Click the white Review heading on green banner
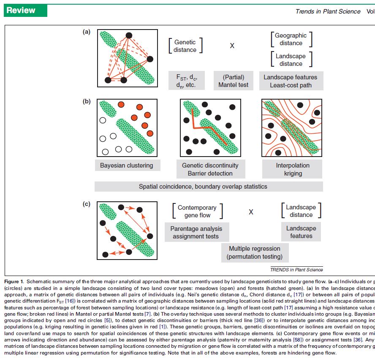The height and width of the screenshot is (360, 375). pyautogui.click(x=21, y=11)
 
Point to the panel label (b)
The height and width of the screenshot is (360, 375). pyautogui.click(x=87, y=102)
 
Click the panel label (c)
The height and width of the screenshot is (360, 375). pyautogui.click(x=87, y=205)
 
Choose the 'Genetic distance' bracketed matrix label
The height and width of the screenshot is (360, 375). pyautogui.click(x=185, y=46)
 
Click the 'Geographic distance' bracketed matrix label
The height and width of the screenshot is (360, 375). pyautogui.click(x=291, y=39)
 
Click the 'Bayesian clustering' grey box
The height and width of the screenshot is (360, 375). pyautogui.click(x=126, y=165)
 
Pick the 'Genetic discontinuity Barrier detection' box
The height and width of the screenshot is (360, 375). pyautogui.click(x=210, y=169)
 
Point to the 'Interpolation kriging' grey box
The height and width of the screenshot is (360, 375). pyautogui.click(x=292, y=169)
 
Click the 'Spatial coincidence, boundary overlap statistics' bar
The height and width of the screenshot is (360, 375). pyautogui.click(x=209, y=186)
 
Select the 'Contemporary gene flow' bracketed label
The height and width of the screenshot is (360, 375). pyautogui.click(x=197, y=211)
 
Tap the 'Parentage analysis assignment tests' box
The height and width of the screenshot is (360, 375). pyautogui.click(x=197, y=233)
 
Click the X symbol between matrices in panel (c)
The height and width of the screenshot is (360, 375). pyautogui.click(x=251, y=212)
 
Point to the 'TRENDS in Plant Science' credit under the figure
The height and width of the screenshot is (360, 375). pyautogui.click(x=296, y=269)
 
